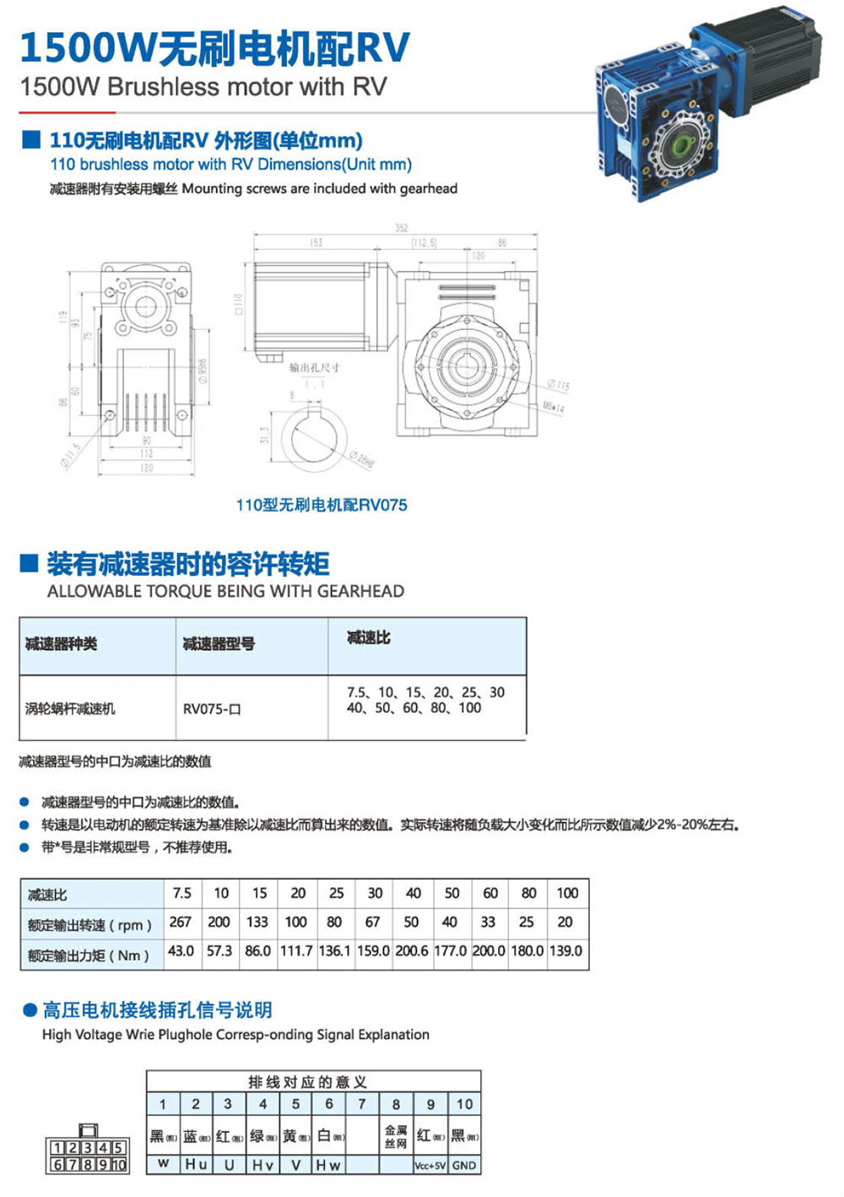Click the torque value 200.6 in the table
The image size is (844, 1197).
coord(412,951)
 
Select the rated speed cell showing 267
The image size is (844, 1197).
coord(181,922)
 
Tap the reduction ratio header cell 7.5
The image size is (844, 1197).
coord(182,893)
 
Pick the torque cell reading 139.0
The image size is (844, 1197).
coord(565,951)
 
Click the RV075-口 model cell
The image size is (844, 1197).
coord(212,709)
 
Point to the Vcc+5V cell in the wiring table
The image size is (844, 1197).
coord(430,1166)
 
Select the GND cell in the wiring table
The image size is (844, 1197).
coord(464,1165)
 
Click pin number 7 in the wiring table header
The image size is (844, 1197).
coord(362,1104)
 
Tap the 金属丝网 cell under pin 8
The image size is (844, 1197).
coord(396,1136)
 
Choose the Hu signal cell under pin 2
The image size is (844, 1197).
coord(196,1165)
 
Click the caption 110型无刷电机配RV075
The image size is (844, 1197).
coord(322,505)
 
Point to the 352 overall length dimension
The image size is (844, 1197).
coord(402,228)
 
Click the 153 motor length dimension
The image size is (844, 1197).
coord(316,243)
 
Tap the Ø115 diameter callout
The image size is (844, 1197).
coord(558,386)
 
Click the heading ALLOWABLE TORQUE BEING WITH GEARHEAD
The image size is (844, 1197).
coord(225,592)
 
